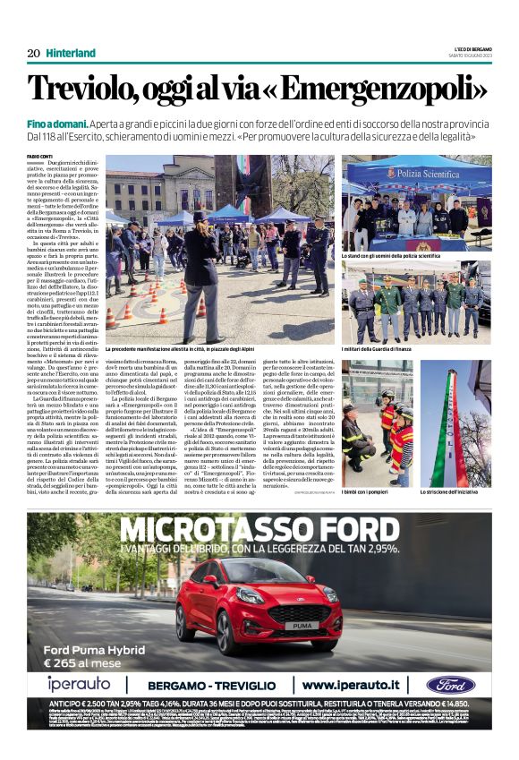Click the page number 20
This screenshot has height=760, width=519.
(x=33, y=53)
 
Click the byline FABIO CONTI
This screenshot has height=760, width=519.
(x=39, y=158)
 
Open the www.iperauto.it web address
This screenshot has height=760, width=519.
(x=353, y=685)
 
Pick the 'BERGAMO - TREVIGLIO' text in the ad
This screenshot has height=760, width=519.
(x=214, y=685)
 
